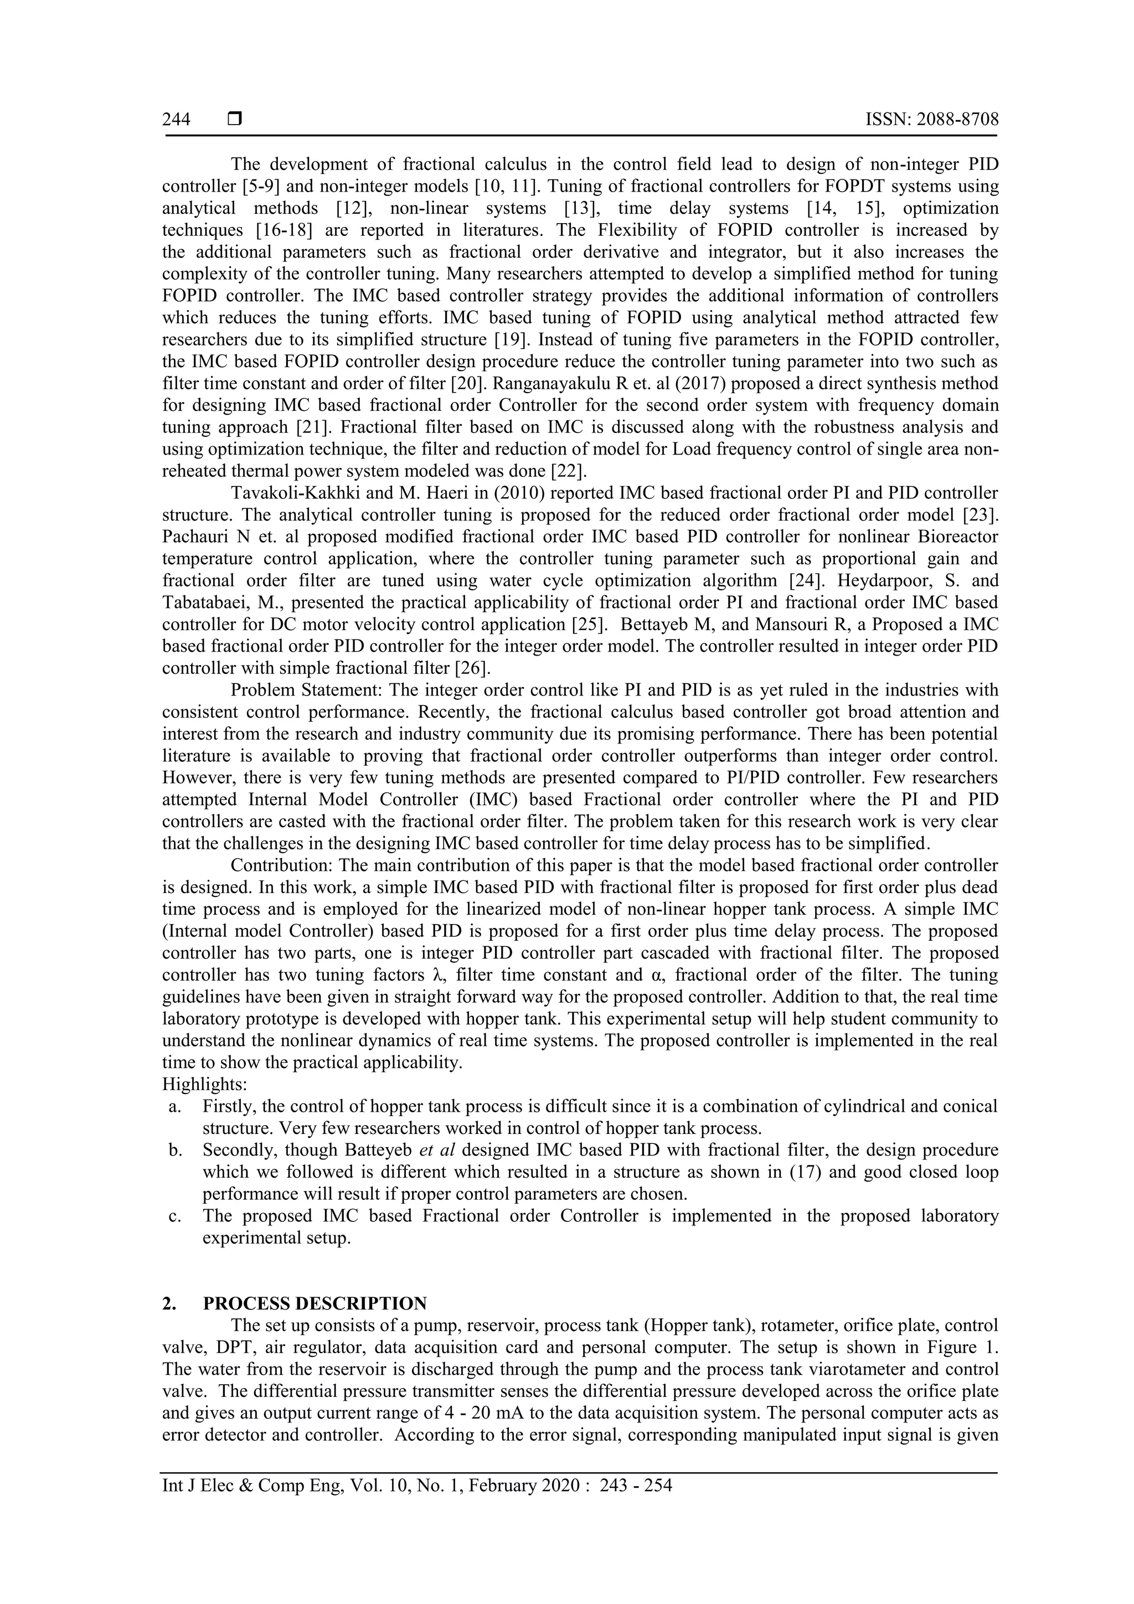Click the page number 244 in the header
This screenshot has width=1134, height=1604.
[x=176, y=120]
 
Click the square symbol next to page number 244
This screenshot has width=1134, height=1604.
[x=234, y=120]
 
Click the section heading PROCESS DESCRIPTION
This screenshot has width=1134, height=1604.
[x=315, y=1303]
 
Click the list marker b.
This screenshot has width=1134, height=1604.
[x=174, y=1150]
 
